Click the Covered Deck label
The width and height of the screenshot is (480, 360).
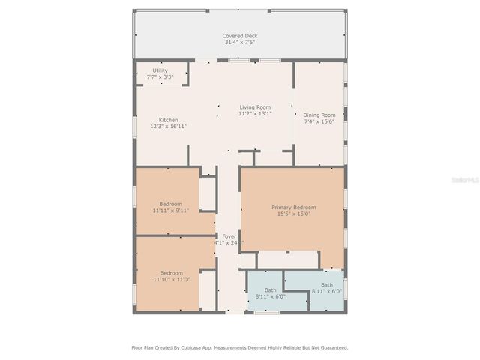[239, 36]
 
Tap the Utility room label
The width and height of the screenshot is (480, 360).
[160, 70]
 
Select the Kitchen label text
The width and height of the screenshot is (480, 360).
[168, 120]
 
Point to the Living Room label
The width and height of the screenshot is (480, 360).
[255, 107]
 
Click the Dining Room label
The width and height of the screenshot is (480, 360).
[319, 115]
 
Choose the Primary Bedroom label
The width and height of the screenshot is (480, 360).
[293, 207]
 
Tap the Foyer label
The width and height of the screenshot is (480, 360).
[228, 236]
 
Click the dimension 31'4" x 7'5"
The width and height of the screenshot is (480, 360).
[239, 43]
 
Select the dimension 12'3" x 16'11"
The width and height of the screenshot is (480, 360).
[168, 127]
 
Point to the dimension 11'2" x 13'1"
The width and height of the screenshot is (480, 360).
[255, 114]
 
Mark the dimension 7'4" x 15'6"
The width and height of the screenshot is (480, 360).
[319, 121]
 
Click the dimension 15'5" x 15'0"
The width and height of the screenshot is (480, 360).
[293, 214]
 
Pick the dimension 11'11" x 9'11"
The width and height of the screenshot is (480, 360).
[170, 211]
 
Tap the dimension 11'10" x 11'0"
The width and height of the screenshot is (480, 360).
[170, 280]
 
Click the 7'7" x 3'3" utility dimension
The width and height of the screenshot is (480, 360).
[160, 76]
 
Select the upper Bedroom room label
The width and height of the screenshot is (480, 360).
[170, 204]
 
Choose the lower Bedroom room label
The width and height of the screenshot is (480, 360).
[170, 273]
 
